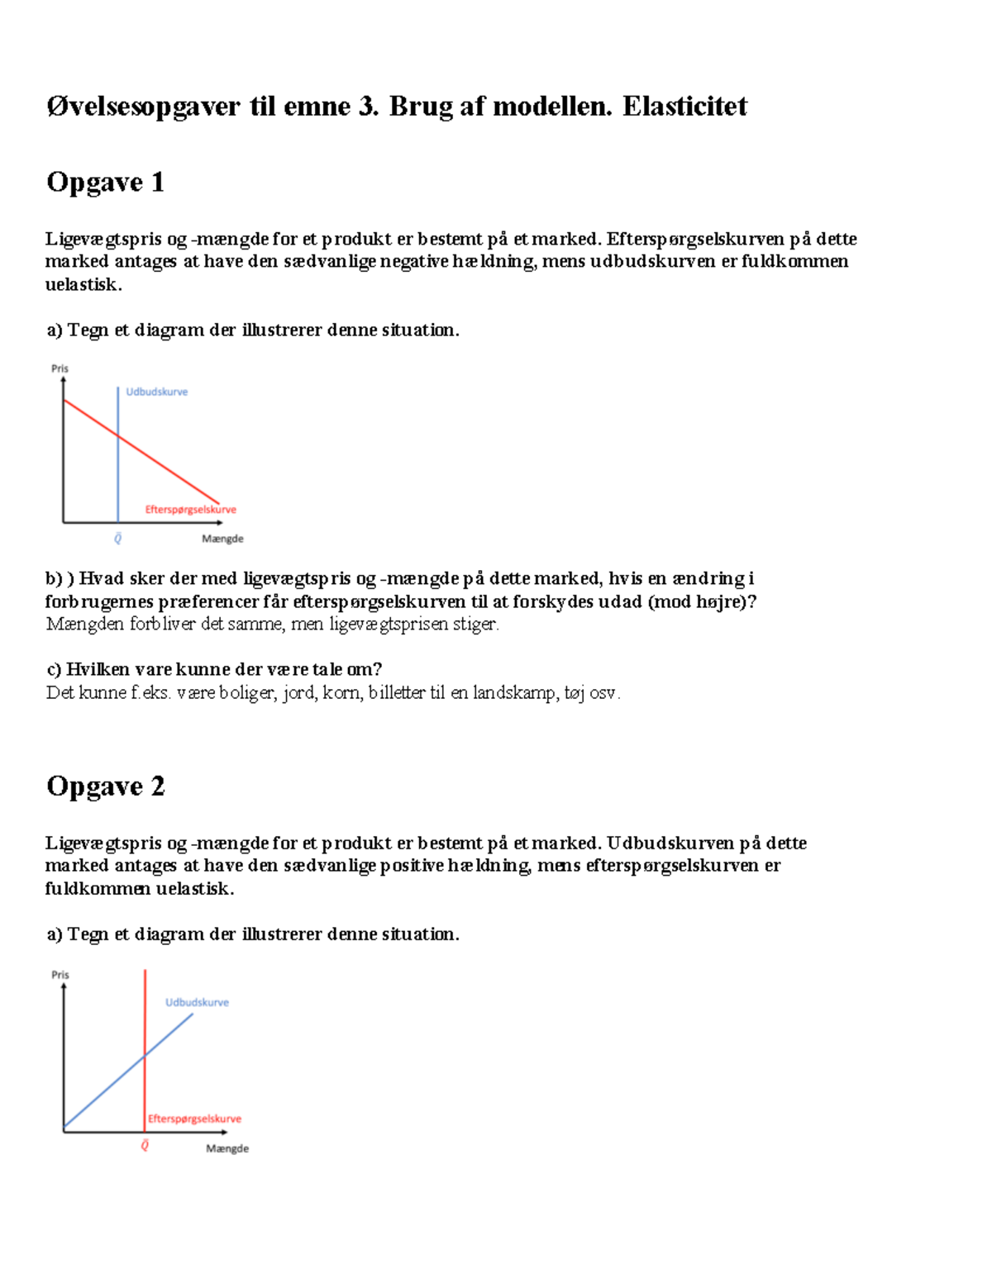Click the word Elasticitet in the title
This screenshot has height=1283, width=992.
click(684, 107)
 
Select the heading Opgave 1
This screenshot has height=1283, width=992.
click(105, 182)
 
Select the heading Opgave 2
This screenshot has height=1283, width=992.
click(105, 786)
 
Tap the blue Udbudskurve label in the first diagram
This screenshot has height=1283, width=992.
click(157, 392)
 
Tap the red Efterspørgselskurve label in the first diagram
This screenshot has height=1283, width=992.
click(191, 510)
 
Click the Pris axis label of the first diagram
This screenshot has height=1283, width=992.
click(60, 368)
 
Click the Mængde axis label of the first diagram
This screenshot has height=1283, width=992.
click(222, 539)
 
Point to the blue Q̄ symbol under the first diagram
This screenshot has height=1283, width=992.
click(117, 539)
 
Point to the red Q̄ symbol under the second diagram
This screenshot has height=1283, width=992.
click(145, 1145)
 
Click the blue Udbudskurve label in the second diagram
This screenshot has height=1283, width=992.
click(197, 1002)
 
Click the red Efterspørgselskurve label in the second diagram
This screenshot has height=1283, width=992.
click(195, 1119)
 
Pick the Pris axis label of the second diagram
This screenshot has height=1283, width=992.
click(60, 975)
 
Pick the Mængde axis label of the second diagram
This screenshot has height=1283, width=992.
click(227, 1148)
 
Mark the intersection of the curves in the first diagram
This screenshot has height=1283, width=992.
click(118, 436)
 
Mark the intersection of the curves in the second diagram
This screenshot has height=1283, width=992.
click(145, 1054)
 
